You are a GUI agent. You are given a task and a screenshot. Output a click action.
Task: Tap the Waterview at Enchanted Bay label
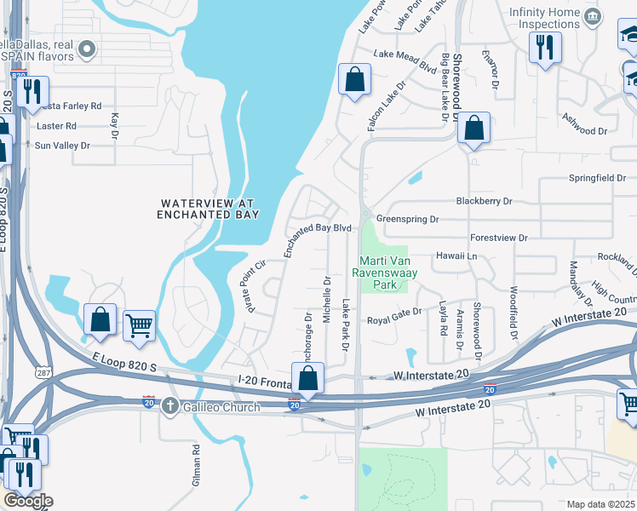tap(208, 209)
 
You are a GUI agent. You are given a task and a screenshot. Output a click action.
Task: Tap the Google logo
tap(27, 501)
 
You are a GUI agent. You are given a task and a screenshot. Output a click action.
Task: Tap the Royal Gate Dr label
tap(394, 321)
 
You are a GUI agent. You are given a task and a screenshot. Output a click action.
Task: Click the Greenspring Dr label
tap(407, 219)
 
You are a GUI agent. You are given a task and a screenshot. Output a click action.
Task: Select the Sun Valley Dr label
tap(62, 146)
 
